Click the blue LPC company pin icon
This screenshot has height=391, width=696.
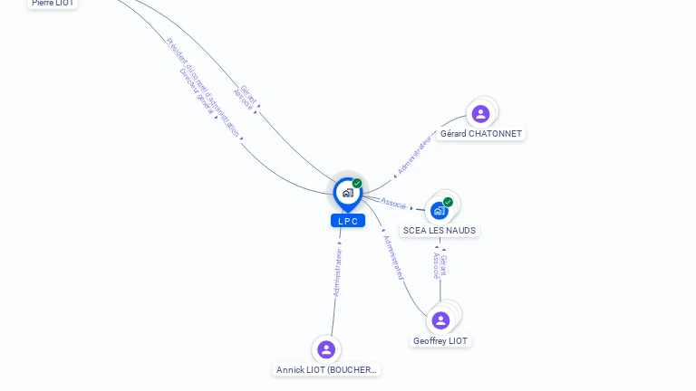[x=347, y=193]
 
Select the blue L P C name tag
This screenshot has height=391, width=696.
[x=348, y=221]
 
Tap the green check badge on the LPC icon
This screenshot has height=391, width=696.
[x=357, y=184]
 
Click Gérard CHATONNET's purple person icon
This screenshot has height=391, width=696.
[x=480, y=114]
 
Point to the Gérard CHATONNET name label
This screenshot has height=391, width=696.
[x=480, y=134]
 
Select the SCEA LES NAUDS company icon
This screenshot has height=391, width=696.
[x=440, y=211]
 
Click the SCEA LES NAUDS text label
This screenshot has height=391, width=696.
[x=440, y=231]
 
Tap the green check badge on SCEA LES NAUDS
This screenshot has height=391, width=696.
[x=448, y=202]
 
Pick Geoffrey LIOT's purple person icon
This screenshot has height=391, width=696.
[x=440, y=320]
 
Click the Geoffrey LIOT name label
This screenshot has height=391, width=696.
[x=440, y=341]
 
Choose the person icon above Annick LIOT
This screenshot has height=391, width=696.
[x=326, y=349]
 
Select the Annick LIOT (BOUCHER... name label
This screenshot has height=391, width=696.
[x=326, y=369]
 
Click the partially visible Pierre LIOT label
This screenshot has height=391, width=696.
[x=53, y=4]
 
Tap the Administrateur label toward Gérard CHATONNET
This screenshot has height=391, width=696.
[x=415, y=156]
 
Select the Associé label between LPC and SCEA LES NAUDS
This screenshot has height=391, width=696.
[x=393, y=203]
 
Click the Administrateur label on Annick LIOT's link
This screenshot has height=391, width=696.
[x=338, y=272]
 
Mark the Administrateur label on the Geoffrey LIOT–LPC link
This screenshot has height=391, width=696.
[x=394, y=256]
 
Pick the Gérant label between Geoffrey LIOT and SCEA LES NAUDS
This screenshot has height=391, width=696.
[x=443, y=264]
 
